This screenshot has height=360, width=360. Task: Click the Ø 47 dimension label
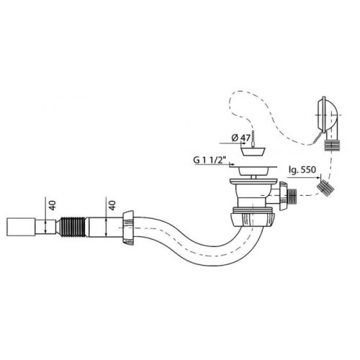pyautogui.click(x=241, y=138)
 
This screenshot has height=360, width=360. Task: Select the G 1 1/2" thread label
pyautogui.click(x=210, y=160)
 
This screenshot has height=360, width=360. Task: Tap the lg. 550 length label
pyautogui.click(x=302, y=170)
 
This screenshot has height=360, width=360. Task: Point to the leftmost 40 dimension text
pyautogui.click(x=53, y=205)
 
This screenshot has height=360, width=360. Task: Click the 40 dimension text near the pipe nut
pyautogui.click(x=112, y=205)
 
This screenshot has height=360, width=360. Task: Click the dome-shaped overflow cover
pyautogui.click(x=328, y=114)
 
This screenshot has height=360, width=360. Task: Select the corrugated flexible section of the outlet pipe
pyautogui.click(x=72, y=227)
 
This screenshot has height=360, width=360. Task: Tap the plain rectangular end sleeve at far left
pyautogui.click(x=21, y=227)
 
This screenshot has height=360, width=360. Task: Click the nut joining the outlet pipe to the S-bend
pyautogui.click(x=128, y=228)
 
